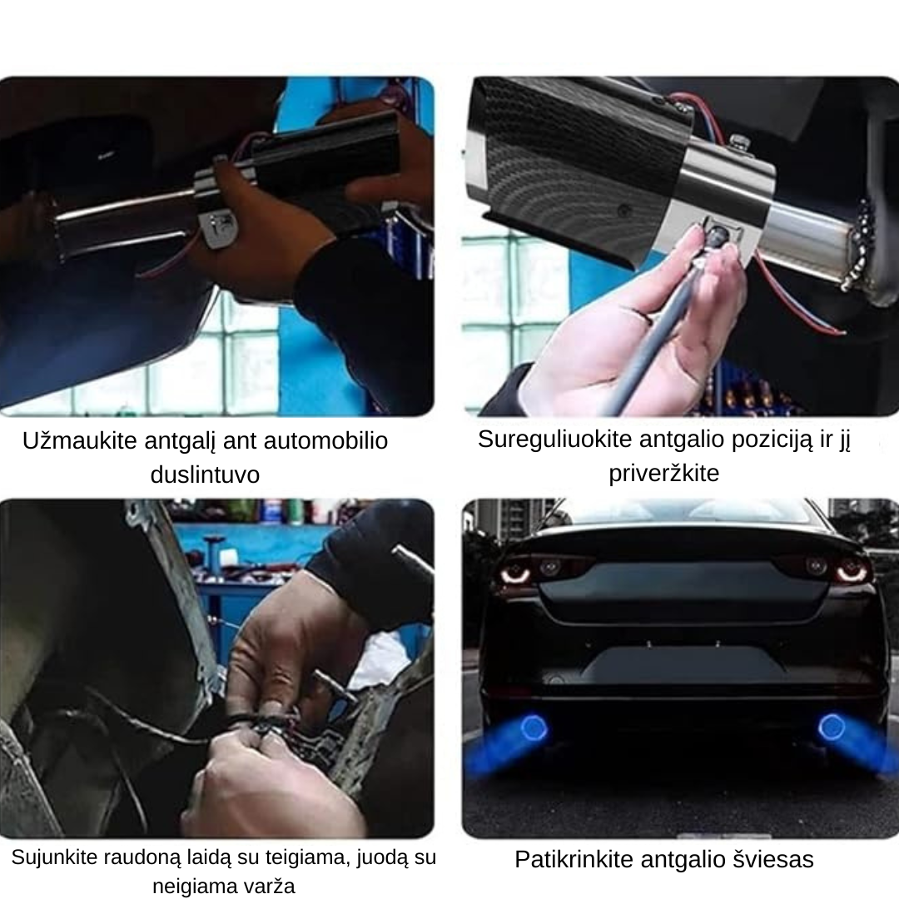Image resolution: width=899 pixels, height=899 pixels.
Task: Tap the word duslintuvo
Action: click(x=205, y=475)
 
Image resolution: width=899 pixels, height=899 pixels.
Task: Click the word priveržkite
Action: click(x=663, y=474)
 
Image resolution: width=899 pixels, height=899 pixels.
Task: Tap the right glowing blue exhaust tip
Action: click(x=831, y=728)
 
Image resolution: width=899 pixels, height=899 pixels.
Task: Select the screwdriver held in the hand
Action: click(x=658, y=333)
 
